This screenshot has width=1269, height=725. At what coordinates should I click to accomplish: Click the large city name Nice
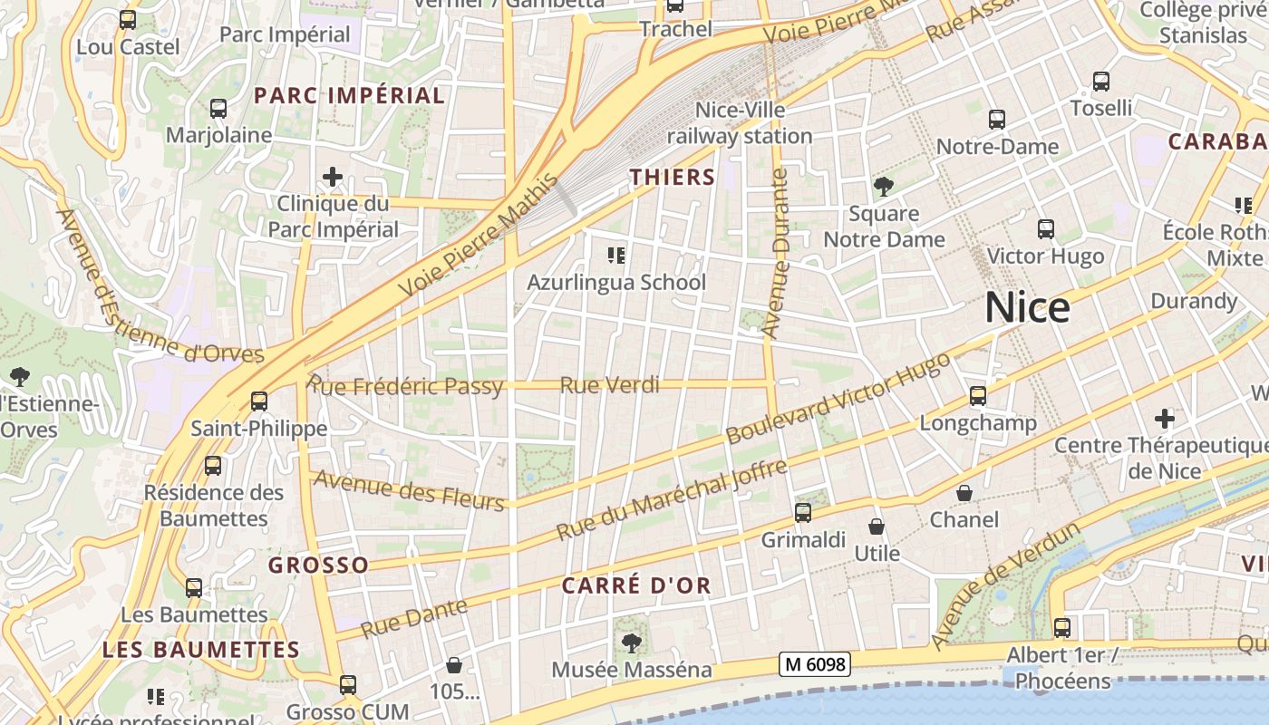coord(1027,308)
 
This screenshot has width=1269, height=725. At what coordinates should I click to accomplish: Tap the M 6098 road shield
coord(814,664)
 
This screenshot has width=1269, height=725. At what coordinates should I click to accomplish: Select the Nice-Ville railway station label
coord(740,123)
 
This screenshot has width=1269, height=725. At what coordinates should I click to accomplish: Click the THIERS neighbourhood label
coord(673,177)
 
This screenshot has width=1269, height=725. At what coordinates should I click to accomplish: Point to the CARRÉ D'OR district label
coord(636,585)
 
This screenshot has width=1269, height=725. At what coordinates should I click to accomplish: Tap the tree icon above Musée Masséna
coord(632,643)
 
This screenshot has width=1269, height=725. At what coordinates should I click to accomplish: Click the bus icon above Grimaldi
coord(803,513)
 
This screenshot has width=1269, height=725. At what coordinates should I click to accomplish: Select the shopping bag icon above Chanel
coord(964,493)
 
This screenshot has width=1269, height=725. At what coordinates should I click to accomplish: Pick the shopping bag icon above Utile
coord(877,527)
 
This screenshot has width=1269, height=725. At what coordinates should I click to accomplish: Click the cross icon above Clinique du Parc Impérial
coord(333,176)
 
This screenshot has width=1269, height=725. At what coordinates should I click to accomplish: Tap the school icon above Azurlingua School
coord(616,256)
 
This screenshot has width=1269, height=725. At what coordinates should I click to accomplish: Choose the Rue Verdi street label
coord(609,385)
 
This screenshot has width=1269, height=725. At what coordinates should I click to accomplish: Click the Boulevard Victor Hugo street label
coord(838,398)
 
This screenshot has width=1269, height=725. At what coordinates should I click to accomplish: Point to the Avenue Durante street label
coord(778,254)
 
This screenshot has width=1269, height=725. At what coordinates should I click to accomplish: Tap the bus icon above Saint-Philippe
coord(259,401)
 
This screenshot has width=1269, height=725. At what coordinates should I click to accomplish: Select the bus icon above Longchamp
coord(977,396)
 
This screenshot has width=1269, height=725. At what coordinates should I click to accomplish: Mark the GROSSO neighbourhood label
coord(318,565)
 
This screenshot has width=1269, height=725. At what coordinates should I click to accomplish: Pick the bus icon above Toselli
coord(1101,82)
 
